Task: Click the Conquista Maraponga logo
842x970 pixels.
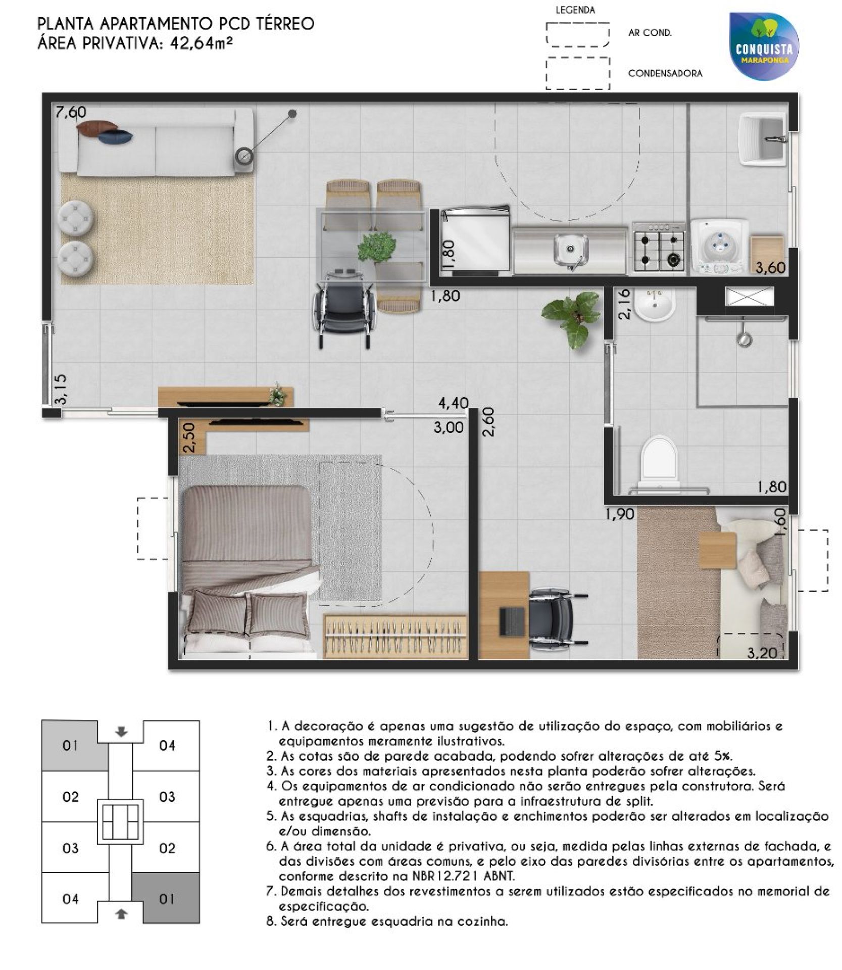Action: click(764, 46)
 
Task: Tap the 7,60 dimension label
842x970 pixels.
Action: click(71, 112)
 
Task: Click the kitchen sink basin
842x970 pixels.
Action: click(570, 250)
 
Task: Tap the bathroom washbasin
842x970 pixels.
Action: click(655, 305)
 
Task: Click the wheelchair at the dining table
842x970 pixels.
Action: click(345, 308)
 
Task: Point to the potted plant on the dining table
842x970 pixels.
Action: click(377, 248)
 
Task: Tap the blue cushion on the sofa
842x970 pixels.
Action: click(115, 136)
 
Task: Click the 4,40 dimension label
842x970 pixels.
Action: click(454, 403)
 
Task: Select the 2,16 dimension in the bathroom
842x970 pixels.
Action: click(625, 304)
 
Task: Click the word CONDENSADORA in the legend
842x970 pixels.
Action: click(665, 74)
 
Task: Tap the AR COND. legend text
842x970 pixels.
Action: click(650, 33)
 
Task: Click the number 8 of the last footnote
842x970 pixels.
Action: click(270, 922)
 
